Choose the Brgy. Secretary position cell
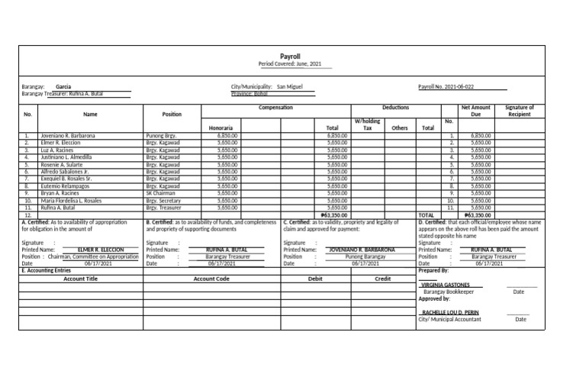pos(163,201)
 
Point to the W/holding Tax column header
pos(367,124)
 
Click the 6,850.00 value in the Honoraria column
pos(228,135)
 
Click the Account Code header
pos(211,279)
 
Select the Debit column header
pos(315,279)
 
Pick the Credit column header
pos(382,279)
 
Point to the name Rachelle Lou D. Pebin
pos(449,313)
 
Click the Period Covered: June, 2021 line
pos(290,66)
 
